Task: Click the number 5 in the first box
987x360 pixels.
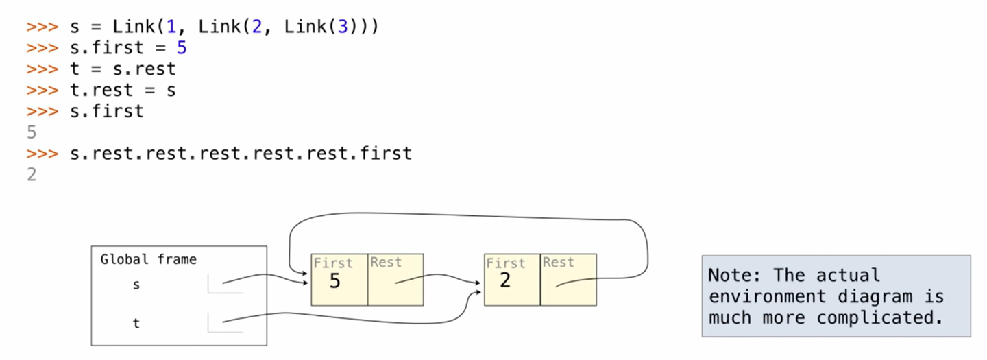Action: [334, 282]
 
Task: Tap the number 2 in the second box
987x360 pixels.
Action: [505, 280]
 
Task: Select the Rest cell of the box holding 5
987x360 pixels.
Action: [395, 280]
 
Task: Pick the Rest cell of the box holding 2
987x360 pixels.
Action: [568, 280]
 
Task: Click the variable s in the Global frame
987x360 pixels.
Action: [136, 284]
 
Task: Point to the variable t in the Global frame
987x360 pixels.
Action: [136, 323]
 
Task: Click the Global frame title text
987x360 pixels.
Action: [148, 259]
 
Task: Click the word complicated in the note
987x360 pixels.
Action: [876, 317]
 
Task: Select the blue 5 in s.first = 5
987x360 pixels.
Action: [182, 49]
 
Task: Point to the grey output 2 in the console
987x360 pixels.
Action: [32, 174]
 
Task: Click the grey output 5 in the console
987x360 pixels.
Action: [32, 132]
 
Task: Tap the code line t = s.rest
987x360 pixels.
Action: [123, 69]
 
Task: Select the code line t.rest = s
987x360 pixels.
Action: [123, 90]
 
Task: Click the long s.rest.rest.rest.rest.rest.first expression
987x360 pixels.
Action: [241, 153]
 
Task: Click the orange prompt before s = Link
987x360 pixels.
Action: [42, 27]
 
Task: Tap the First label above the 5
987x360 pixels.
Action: [332, 263]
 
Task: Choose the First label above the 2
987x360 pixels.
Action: [504, 263]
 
